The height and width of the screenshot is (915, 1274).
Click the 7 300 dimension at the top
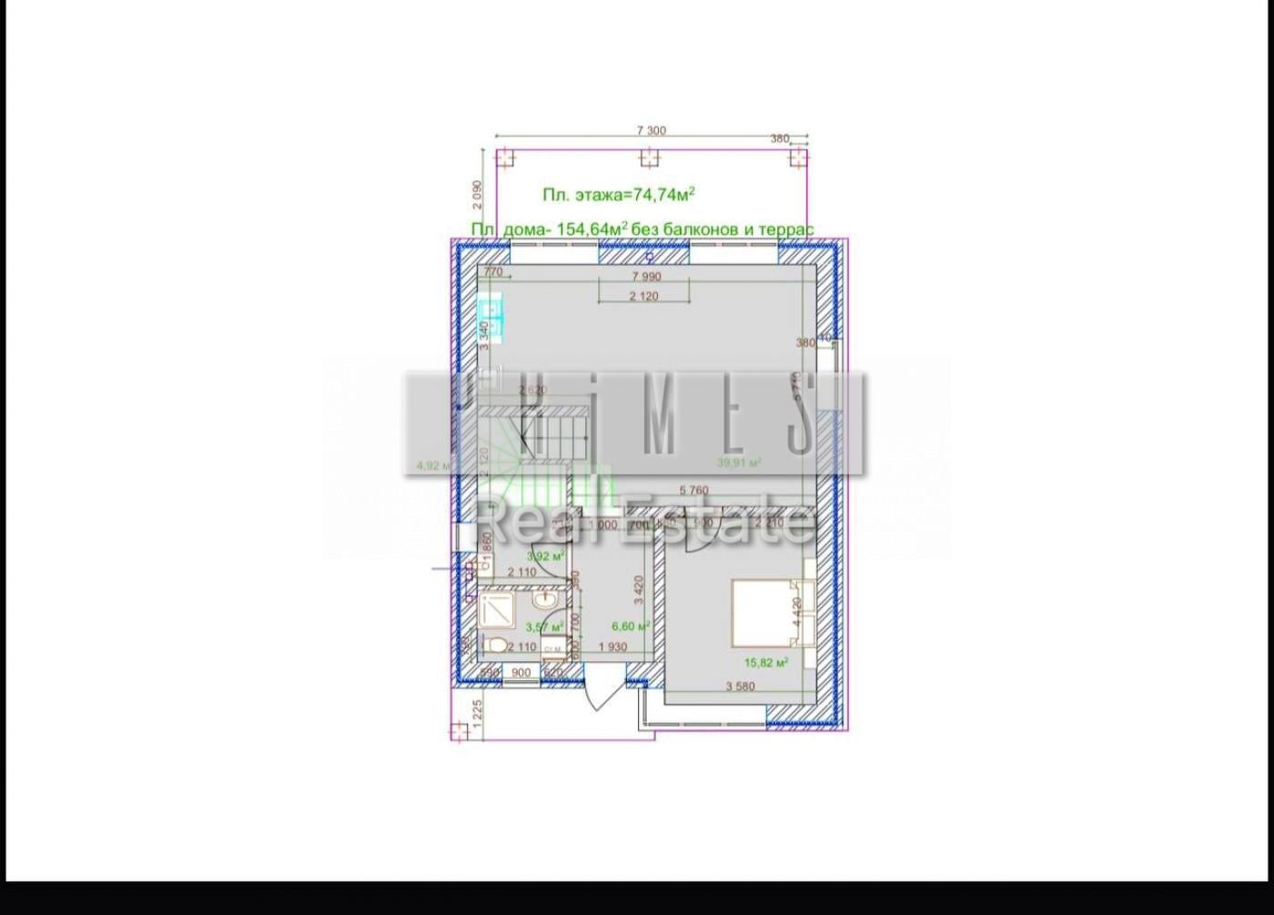(x=651, y=130)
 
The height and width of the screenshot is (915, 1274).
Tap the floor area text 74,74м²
(x=663, y=194)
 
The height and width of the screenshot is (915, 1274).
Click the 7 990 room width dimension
(x=645, y=276)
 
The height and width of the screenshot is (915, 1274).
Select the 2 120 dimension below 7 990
(x=642, y=296)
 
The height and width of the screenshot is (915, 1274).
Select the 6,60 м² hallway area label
(x=631, y=626)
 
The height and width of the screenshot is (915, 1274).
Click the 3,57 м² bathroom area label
(x=545, y=626)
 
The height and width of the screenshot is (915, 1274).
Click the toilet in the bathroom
(x=496, y=646)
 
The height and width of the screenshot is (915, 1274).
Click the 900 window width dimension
(x=521, y=673)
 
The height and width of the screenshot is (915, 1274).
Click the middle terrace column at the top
(x=648, y=158)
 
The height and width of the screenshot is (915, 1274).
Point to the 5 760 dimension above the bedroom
(x=693, y=491)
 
